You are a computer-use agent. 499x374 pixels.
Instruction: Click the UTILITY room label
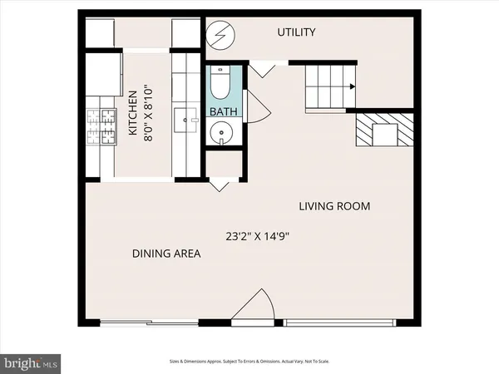pos(296,32)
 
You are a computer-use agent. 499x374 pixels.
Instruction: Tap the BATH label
pos(224,111)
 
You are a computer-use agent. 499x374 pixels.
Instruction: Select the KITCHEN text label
pos(133,113)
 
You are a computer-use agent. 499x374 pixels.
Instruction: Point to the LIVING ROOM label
pos(334,206)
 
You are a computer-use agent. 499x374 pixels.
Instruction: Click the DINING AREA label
pos(166,253)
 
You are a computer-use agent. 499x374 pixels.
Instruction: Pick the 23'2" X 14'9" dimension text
pos(258,236)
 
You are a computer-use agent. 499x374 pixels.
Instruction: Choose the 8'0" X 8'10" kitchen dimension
pos(149,112)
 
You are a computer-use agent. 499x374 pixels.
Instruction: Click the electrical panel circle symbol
pos(220,35)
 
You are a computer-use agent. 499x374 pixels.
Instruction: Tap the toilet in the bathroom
pos(220,82)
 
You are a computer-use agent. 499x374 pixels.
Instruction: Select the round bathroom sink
pos(221,133)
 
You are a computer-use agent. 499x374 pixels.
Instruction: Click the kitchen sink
pos(185,120)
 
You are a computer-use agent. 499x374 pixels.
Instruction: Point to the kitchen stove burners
pos(101,126)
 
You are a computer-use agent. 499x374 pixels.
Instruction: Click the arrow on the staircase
pos(353,86)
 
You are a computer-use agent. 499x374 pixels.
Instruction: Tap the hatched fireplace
pos(384,130)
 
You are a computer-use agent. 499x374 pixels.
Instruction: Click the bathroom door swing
pos(257,106)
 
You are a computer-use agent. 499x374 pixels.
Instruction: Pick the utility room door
pos(262,69)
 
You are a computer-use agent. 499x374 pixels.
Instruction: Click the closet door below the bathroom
pos(220,185)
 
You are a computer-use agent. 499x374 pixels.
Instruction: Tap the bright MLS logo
pos(30,363)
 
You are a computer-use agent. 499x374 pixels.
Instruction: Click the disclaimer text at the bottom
pos(249,362)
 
